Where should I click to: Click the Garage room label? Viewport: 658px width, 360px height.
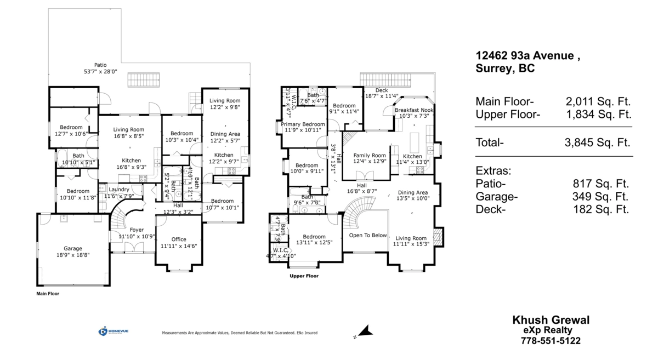point(72,248)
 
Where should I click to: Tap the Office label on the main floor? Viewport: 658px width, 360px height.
point(178,239)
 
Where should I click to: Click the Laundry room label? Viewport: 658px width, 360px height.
point(119,189)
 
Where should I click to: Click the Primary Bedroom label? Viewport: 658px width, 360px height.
point(303,124)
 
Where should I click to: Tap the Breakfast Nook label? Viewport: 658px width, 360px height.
point(414,110)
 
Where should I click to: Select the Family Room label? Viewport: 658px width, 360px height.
point(366,155)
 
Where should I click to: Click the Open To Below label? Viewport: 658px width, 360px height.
point(368,235)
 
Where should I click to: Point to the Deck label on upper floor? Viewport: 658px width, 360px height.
point(382,90)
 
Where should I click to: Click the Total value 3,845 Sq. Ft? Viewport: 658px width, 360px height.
point(598,142)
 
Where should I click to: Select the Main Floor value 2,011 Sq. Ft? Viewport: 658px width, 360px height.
point(598,101)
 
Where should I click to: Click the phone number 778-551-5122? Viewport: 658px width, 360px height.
point(551,341)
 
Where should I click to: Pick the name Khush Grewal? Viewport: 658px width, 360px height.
point(551,320)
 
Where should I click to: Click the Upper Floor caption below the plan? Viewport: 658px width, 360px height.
point(304,276)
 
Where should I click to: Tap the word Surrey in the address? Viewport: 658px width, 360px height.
point(493,69)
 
